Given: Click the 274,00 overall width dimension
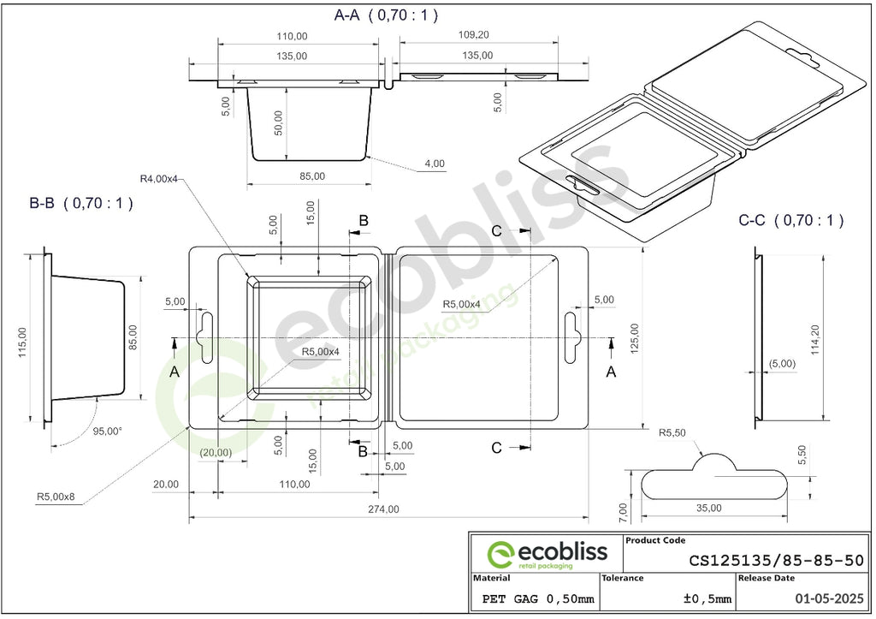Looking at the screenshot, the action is tap(383, 509).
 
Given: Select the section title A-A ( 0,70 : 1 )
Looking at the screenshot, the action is tap(386, 15).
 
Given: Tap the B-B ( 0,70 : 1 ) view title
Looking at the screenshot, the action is tap(81, 203).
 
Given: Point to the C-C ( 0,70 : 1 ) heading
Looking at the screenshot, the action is tap(791, 220).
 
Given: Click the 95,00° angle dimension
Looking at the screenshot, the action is tap(108, 432).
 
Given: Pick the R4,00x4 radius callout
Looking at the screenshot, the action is tap(158, 179).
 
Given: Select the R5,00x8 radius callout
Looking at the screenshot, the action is tap(56, 496).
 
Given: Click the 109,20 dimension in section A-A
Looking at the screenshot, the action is tap(473, 34).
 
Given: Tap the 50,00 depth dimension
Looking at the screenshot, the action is tap(278, 122).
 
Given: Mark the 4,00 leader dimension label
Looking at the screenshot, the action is tap(435, 164).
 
